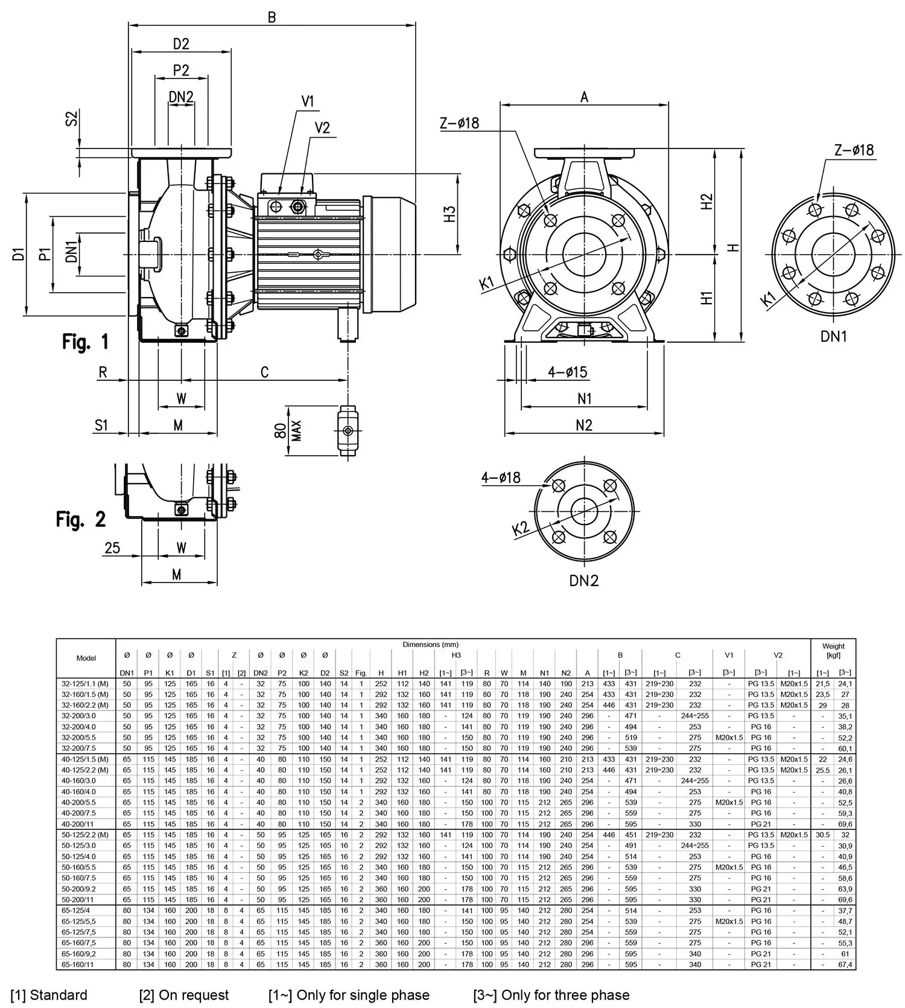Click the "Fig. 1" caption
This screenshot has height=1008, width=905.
(x=86, y=342)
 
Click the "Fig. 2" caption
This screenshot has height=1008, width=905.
(x=81, y=519)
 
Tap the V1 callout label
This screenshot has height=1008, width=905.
(x=308, y=101)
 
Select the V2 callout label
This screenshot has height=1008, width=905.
(x=323, y=128)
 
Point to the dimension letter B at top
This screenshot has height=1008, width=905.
(x=271, y=17)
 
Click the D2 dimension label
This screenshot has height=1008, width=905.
(x=181, y=43)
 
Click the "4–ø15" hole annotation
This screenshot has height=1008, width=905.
(x=567, y=372)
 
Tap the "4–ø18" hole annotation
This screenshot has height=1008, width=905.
(x=501, y=477)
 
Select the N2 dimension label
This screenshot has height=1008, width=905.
(x=584, y=425)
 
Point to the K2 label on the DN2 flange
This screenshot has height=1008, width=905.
(x=520, y=529)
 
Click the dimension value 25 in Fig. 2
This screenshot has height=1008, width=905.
(x=112, y=547)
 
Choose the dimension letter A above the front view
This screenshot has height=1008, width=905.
(x=584, y=97)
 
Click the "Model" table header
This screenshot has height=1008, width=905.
(x=86, y=658)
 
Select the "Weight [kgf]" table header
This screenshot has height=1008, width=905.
(x=833, y=650)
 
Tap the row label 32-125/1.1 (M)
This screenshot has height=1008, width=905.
(x=86, y=683)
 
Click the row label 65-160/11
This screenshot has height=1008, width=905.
(x=78, y=965)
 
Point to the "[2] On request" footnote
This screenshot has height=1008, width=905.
(x=184, y=995)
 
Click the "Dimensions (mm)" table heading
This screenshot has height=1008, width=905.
(x=430, y=644)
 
